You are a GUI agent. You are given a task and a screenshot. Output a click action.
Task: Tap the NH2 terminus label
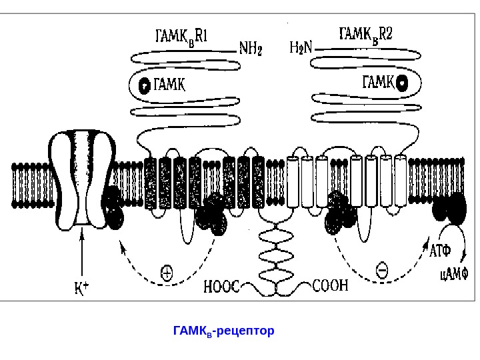[250, 49]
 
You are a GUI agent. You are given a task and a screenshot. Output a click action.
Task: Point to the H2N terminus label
[303, 48]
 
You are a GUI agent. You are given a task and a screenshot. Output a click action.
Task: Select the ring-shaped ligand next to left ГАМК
[144, 85]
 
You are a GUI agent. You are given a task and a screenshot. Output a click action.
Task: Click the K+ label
[81, 289]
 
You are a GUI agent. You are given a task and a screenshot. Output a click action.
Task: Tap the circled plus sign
[167, 272]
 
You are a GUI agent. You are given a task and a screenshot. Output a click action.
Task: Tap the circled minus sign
[381, 271]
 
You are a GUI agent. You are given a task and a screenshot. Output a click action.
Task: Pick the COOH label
[331, 286]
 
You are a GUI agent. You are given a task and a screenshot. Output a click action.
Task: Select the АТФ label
[439, 251]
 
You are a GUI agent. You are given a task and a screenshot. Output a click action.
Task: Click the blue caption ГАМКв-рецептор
[223, 331]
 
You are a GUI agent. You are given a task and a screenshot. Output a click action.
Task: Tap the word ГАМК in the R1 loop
[169, 85]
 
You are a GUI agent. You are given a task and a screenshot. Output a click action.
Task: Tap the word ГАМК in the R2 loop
[378, 83]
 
